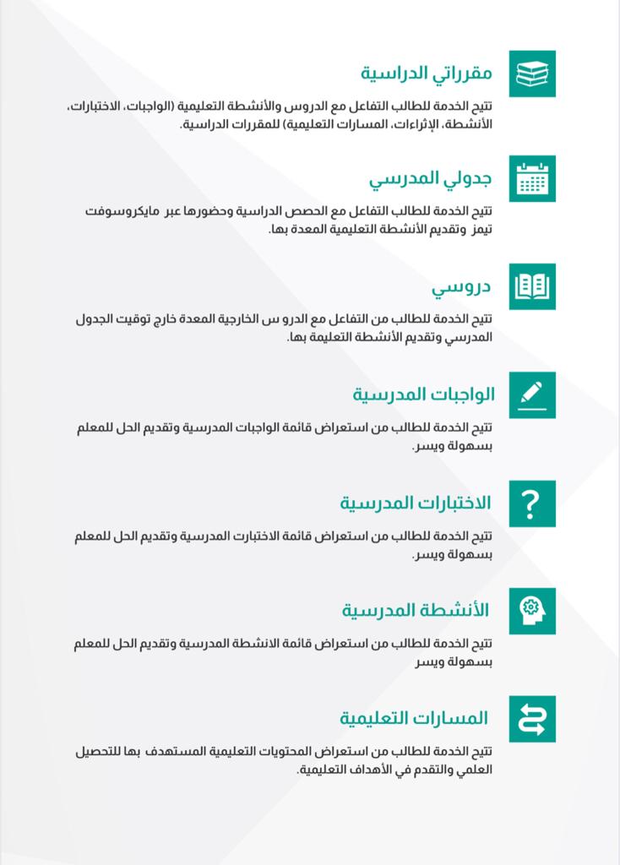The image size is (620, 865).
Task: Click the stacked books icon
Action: pos(531,73)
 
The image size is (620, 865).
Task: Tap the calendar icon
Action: pos(531,178)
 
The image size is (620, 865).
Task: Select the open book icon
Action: pos(531,286)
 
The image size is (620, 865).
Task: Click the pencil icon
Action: pos(531,394)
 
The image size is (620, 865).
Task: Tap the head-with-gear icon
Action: pos(531,610)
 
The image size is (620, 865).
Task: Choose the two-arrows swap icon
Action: pos(531,719)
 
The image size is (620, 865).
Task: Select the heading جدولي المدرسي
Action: pos(430,179)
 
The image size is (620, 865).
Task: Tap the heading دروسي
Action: pos(461,287)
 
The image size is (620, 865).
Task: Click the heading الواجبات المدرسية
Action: pos(423,394)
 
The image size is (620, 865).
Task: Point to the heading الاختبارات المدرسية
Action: pos(415,503)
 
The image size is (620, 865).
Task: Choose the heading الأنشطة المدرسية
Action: pos(416,610)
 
